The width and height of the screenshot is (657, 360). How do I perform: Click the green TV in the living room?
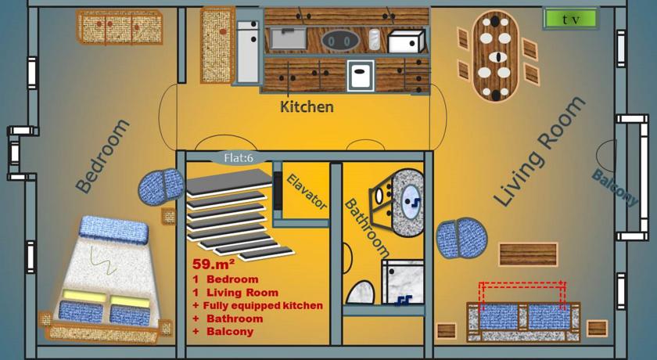pos(570,19)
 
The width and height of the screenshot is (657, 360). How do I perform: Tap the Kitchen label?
pos(307,107)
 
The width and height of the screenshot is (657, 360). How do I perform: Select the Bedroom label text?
pos(103,157)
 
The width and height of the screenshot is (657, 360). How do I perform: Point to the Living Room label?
pos(538,152)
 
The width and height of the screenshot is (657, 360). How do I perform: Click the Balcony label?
pos(615,187)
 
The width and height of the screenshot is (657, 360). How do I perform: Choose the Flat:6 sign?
pos(239,158)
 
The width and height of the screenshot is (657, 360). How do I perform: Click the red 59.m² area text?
pos(214,264)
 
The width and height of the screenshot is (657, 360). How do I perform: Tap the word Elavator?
pos(307,192)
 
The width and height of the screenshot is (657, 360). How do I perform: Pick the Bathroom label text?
pos(366,228)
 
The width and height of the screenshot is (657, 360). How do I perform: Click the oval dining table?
pos(496,56)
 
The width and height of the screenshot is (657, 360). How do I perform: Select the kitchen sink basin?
pos(289,38)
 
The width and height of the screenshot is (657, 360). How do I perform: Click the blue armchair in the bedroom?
pos(161,185)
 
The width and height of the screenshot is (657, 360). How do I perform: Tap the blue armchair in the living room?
pos(461,237)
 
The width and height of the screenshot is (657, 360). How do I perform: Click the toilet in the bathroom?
pos(361,292)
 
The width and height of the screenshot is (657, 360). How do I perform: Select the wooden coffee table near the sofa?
pos(528,254)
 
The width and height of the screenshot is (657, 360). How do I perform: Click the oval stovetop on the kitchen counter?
pos(340,41)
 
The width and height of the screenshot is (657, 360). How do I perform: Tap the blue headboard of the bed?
pos(113,230)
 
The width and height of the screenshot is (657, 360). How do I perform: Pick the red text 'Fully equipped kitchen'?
pos(263,305)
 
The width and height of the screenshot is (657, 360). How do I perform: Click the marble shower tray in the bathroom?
pos(403,282)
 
